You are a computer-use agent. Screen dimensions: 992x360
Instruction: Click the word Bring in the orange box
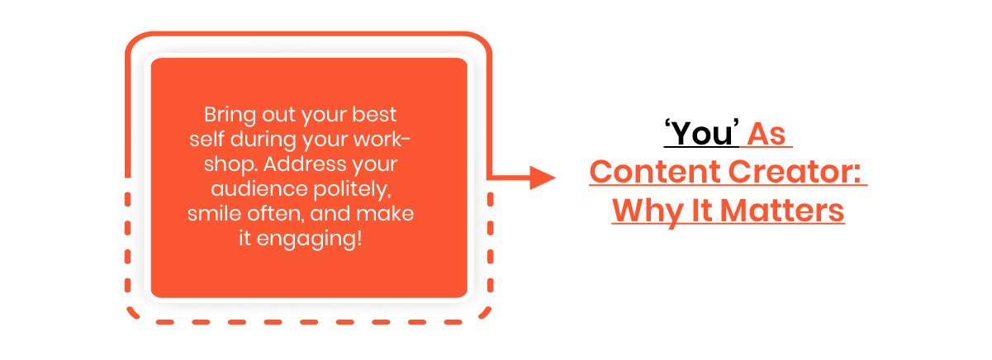click(x=230, y=115)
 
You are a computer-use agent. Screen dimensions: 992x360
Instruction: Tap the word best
click(x=374, y=114)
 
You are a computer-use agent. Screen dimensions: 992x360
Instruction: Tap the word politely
click(x=353, y=190)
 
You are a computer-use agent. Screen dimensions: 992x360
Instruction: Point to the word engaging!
click(x=309, y=239)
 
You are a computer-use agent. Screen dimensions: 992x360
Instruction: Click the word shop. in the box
click(x=230, y=164)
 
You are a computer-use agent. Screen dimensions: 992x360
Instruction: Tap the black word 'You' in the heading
click(x=702, y=133)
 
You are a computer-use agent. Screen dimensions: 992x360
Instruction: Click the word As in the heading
click(x=767, y=134)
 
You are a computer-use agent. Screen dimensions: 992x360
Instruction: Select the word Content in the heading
click(x=655, y=172)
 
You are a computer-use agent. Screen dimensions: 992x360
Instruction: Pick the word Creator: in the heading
click(x=795, y=172)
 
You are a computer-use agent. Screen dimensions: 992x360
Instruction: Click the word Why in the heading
click(x=648, y=212)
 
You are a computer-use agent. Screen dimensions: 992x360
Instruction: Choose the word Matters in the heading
click(x=782, y=211)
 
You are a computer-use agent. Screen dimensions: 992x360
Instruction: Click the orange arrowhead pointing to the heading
click(x=543, y=178)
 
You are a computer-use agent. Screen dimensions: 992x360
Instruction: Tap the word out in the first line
click(x=278, y=115)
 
